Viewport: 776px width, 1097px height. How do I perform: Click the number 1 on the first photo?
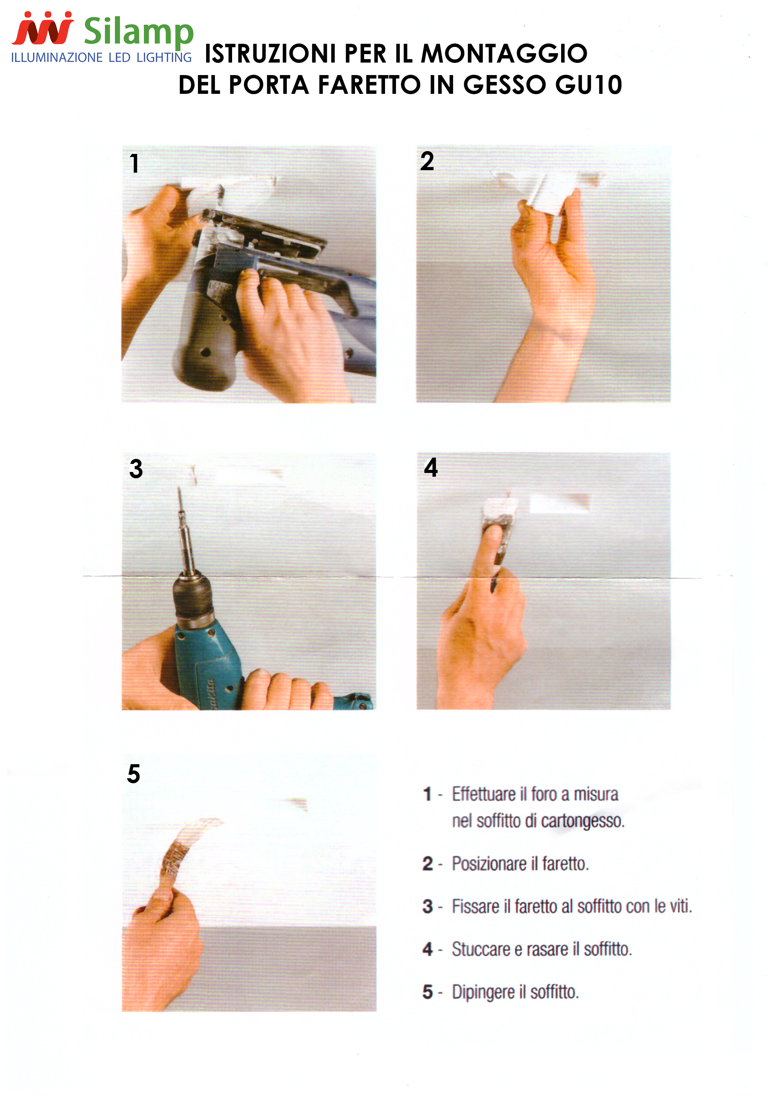(134, 163)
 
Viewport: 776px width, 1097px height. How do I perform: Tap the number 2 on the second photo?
(427, 161)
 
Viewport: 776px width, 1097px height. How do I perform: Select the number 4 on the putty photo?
(431, 467)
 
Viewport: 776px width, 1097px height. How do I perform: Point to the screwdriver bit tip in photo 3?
(179, 488)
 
